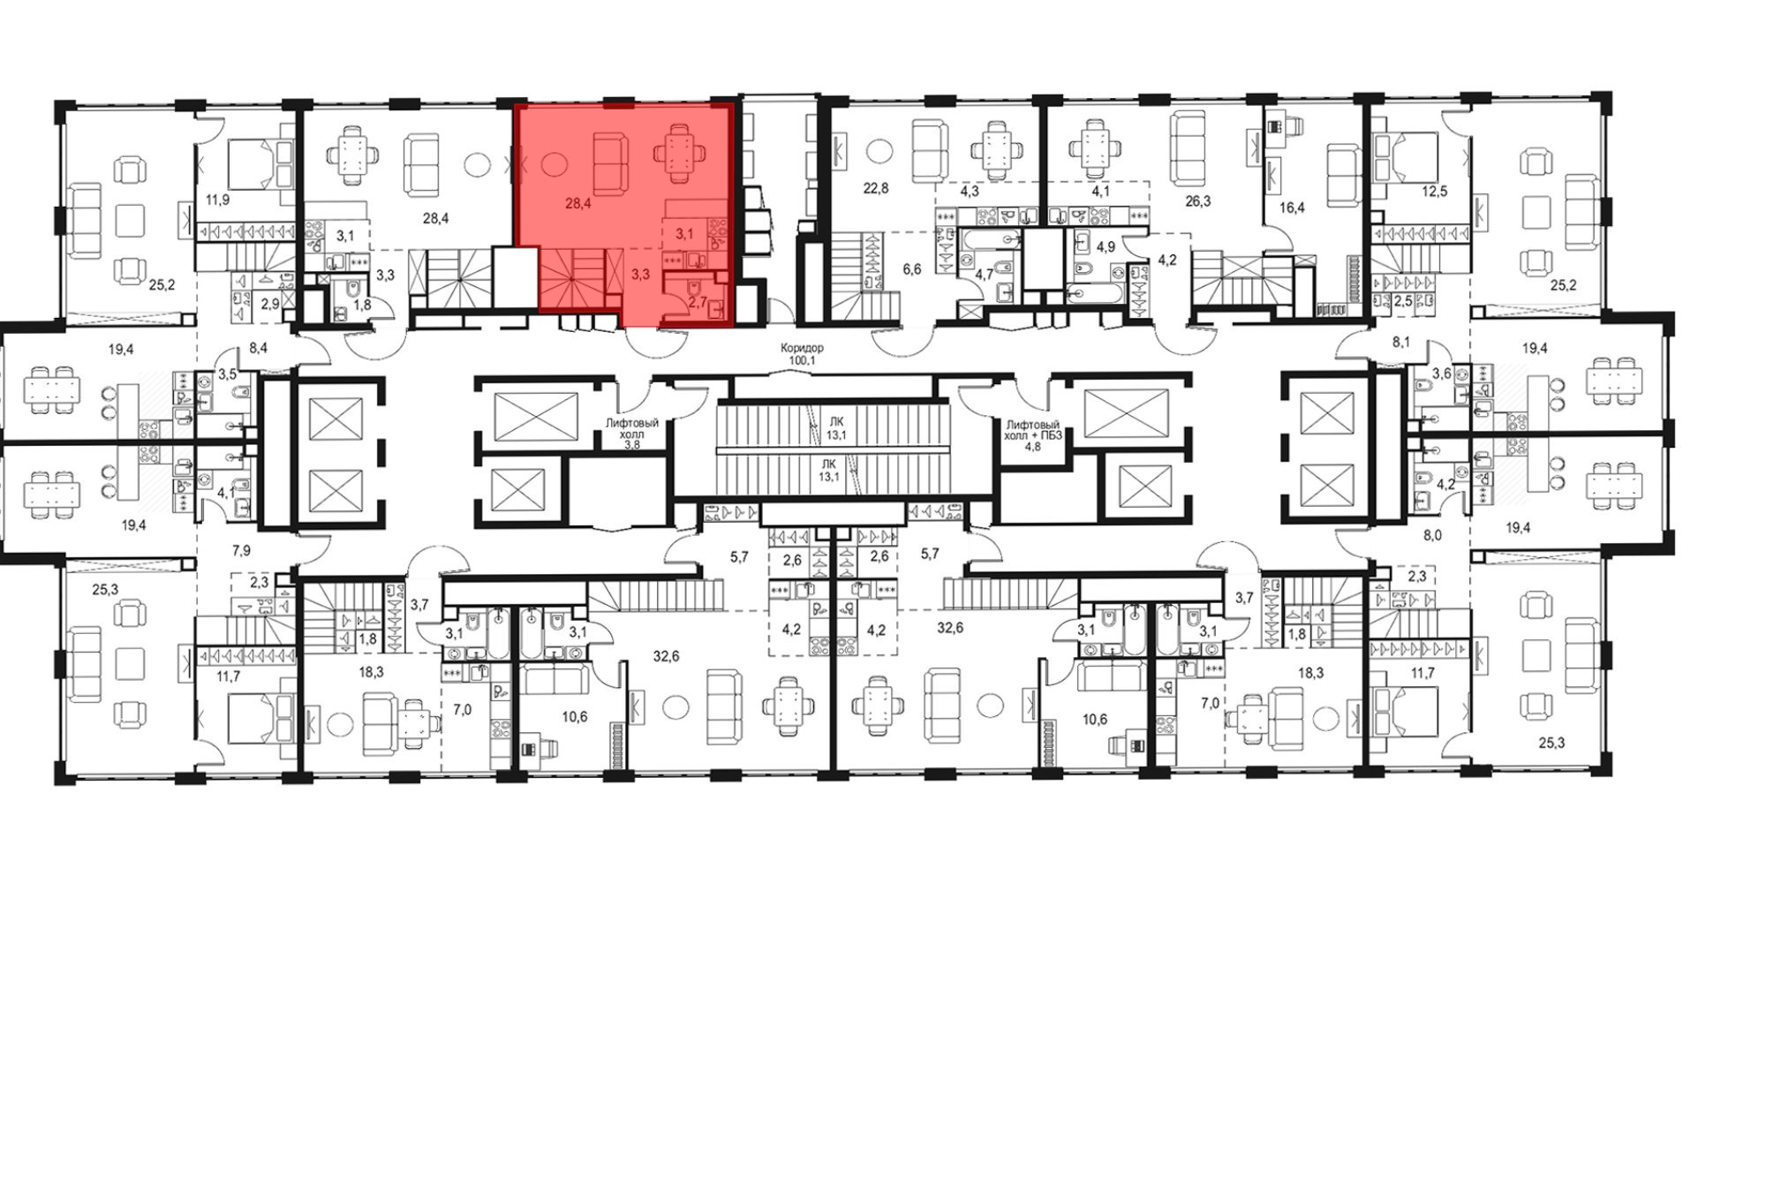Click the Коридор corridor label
coord(803,348)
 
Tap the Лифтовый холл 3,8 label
coord(632,434)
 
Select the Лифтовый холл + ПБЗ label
coord(1032,435)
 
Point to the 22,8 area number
coord(876,187)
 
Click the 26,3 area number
coord(1197,201)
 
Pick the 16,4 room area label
coord(1292,208)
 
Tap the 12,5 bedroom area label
coord(1435,192)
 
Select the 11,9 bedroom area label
coord(217,200)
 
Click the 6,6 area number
coord(912,269)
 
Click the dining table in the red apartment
coord(680,153)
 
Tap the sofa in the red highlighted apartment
coord(610,163)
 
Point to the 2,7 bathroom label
coord(697,302)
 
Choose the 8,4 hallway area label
coord(258,349)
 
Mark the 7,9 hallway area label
coord(241,551)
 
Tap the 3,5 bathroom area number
coord(227,374)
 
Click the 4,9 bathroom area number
coord(1106,246)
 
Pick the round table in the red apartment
coord(554,163)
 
